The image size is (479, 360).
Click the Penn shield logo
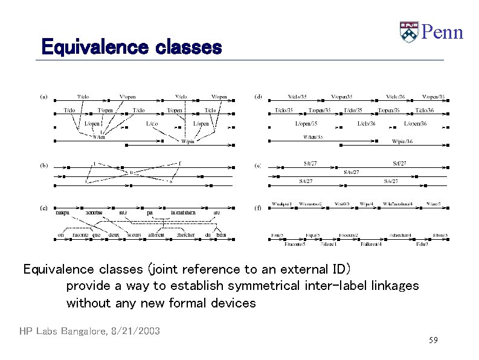(x=409, y=31)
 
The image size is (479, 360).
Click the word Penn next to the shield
(x=442, y=31)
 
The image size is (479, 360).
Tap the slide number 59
(x=433, y=341)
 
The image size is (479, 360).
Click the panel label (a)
(x=44, y=96)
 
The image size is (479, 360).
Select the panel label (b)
(x=44, y=164)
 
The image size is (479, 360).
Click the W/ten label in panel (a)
(x=98, y=137)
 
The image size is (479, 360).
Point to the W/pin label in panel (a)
(x=188, y=141)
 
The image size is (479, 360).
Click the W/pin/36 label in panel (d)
(x=402, y=141)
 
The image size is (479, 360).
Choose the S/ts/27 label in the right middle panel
(x=352, y=172)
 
